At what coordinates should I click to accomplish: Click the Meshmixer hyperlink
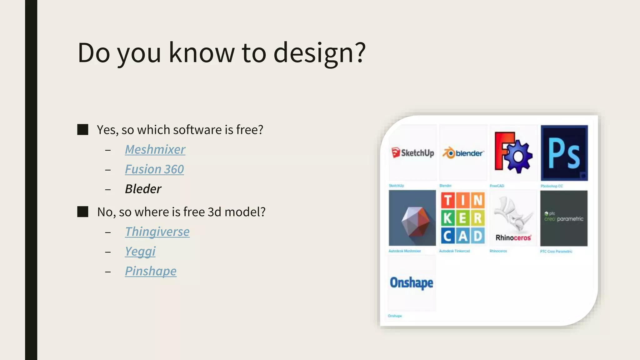[155, 149]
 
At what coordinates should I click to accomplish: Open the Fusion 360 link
[154, 169]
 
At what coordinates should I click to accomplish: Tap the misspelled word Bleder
[143, 189]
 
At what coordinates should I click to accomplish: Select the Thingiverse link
[157, 232]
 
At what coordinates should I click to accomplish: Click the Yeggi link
[140, 251]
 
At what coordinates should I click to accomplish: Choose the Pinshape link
[151, 271]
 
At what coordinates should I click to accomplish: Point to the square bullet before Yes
[83, 130]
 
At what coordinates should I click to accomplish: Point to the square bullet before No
[83, 212]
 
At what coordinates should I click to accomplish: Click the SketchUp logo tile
[413, 153]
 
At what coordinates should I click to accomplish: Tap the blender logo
[463, 153]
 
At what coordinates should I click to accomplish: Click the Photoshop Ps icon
[564, 153]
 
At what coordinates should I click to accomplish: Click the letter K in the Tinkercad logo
[447, 218]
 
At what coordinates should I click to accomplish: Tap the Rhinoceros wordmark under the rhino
[513, 238]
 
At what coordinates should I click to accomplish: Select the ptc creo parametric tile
[564, 218]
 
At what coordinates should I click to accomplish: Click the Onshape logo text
[412, 283]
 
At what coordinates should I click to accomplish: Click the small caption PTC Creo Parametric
[556, 251]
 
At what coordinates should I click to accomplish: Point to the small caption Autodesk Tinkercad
[454, 251]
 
